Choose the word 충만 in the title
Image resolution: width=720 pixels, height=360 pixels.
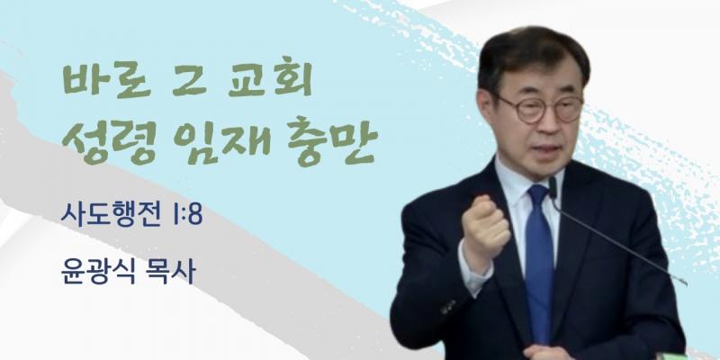click(332, 140)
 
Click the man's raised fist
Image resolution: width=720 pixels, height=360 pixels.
click(484, 226)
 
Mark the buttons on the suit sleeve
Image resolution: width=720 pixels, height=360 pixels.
click(448, 307)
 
